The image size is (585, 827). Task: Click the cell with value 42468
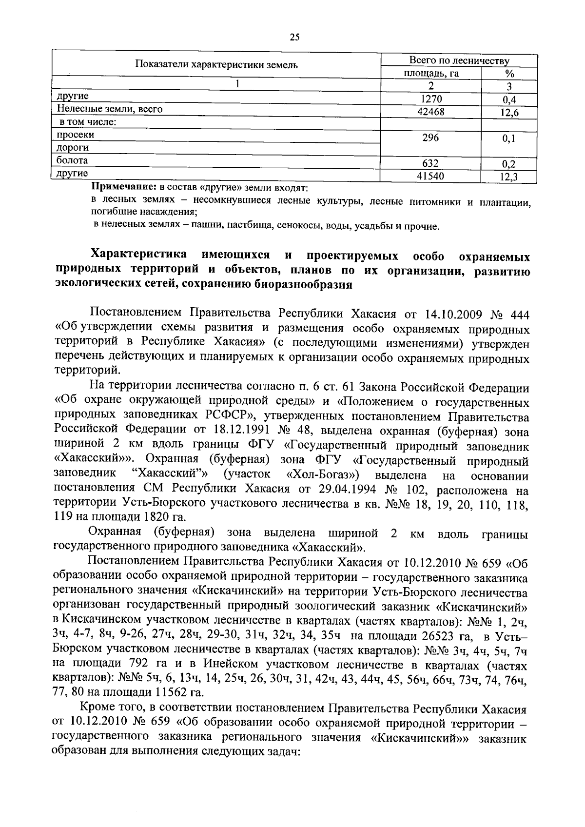point(431,112)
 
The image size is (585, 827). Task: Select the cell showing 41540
point(431,176)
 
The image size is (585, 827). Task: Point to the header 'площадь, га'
point(431,74)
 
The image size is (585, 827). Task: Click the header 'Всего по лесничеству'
point(459,61)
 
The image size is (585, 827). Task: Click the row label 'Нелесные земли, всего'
point(109,109)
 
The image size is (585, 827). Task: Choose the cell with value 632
point(431,163)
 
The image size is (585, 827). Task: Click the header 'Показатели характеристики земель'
point(216,65)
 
